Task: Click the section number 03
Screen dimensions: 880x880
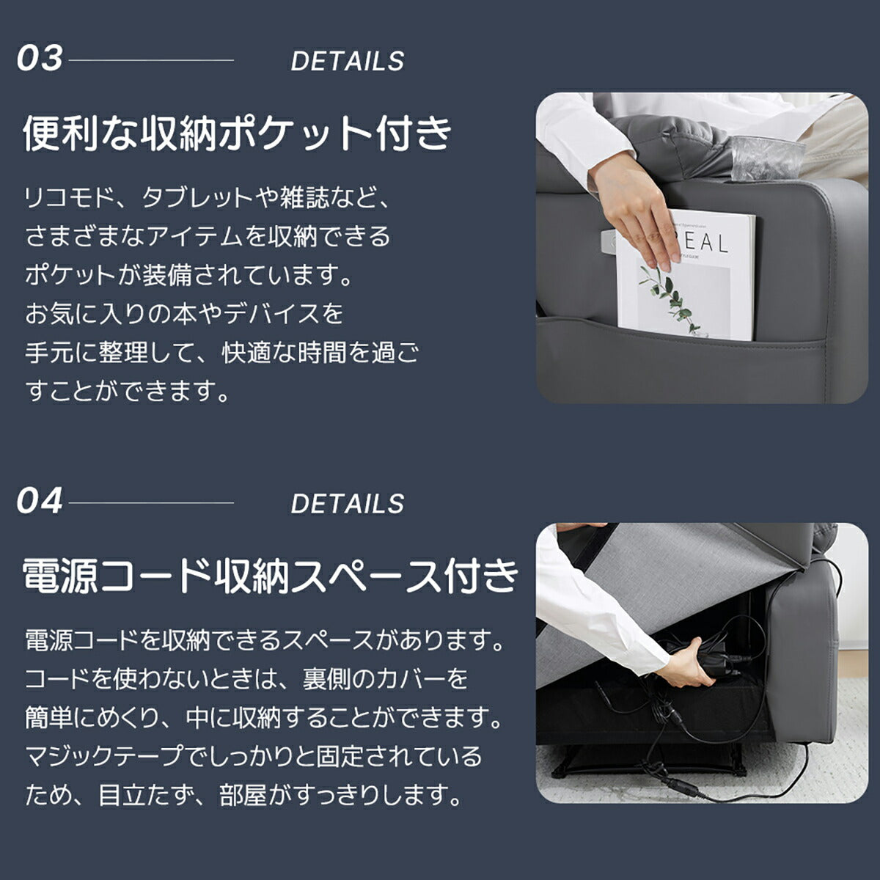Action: coord(40,59)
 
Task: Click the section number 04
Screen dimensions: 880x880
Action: coord(40,502)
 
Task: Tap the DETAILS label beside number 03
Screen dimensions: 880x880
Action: coord(347,62)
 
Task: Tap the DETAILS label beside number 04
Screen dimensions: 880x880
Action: coord(347,505)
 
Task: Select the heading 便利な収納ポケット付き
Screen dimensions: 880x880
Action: coord(238,133)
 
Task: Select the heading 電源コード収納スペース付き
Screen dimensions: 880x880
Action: coord(270,576)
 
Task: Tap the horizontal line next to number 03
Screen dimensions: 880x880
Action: coord(150,60)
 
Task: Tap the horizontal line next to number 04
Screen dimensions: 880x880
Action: coord(150,503)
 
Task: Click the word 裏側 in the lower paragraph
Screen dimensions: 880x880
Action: coord(326,679)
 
